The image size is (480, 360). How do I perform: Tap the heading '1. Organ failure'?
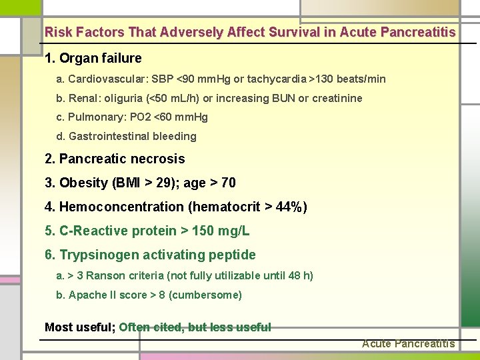point(93,58)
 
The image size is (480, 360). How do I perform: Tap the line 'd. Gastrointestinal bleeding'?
point(127,137)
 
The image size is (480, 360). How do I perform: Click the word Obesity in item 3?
point(83,183)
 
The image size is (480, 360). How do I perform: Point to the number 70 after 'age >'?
point(228,183)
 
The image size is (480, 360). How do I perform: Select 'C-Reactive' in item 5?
point(92,231)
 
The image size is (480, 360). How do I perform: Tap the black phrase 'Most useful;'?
point(80,327)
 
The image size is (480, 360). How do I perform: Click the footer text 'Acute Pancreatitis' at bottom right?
point(408,344)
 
